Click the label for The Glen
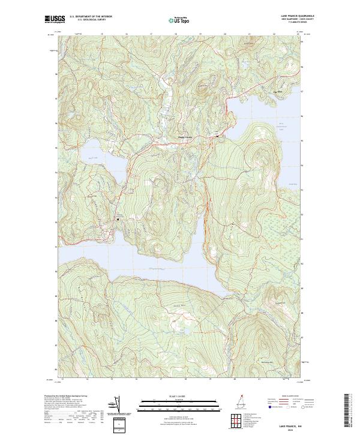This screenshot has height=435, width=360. click(x=277, y=91)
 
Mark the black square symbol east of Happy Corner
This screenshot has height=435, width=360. click(x=217, y=137)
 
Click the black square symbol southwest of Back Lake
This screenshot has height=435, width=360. click(x=118, y=219)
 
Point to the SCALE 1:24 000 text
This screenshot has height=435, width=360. click(x=179, y=396)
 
